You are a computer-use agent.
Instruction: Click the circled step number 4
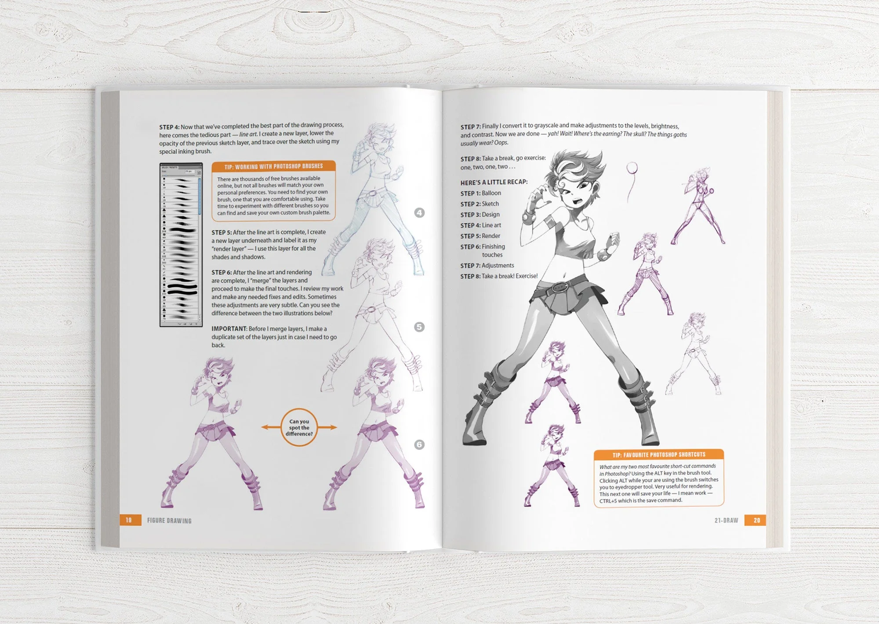420,213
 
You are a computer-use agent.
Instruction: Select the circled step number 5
420,327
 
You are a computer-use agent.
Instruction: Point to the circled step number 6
420,445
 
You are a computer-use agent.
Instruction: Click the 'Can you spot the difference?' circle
299,427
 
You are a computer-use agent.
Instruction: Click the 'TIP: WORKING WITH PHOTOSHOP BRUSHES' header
273,167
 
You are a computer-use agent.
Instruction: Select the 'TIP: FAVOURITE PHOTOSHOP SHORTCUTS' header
658,455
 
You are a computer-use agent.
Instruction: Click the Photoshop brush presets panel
181,244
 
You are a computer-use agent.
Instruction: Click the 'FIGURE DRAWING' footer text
169,521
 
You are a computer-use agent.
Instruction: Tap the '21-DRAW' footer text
726,520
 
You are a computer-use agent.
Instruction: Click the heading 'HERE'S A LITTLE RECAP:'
494,182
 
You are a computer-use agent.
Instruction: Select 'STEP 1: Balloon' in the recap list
481,193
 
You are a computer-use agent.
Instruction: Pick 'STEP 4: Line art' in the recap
481,225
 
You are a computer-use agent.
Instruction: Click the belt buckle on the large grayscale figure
560,288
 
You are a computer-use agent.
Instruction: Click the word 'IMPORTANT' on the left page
229,329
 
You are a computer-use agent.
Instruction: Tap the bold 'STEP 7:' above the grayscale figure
470,127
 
